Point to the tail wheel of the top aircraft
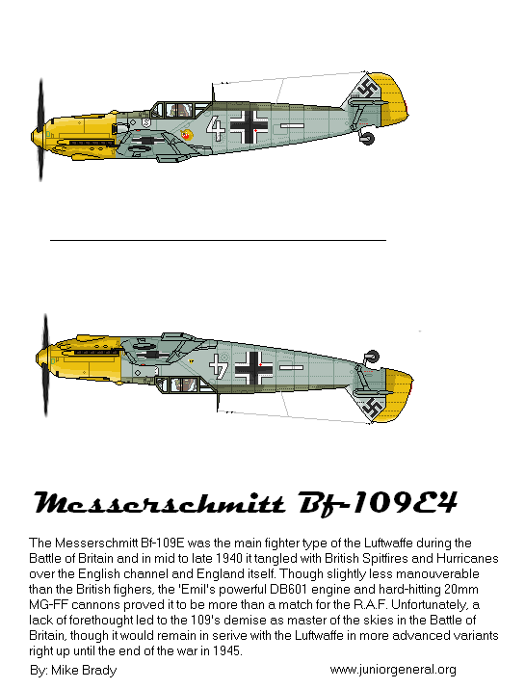[x=366, y=140]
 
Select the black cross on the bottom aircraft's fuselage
[x=254, y=366]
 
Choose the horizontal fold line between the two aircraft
[x=218, y=239]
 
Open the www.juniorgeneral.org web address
[x=392, y=670]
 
